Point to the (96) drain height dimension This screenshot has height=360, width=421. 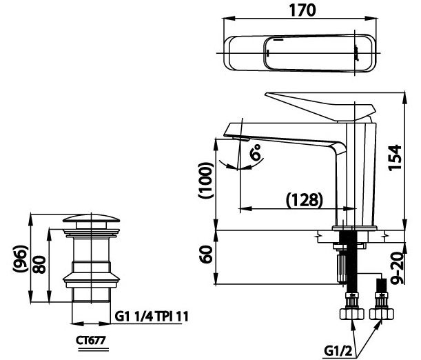[20, 261]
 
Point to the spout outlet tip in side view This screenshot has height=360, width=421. [238, 138]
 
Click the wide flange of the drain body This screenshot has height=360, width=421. [90, 279]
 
